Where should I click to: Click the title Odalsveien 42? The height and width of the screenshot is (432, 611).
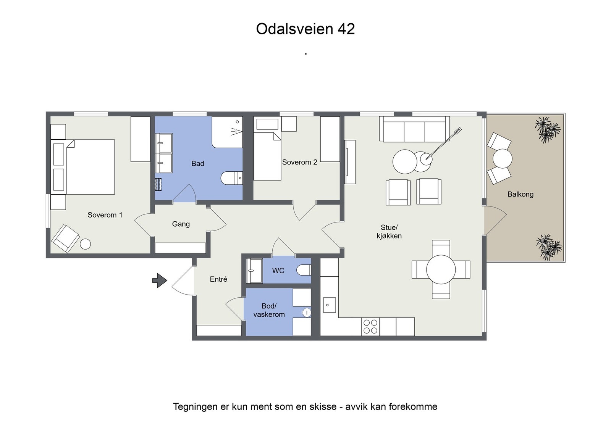305,29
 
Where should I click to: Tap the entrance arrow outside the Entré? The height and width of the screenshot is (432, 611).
160,280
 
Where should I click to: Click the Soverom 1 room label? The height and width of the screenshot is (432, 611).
105,215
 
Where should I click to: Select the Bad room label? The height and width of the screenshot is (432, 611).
197,163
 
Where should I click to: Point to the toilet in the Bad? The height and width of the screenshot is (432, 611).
231,178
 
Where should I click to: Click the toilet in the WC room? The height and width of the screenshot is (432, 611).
304,270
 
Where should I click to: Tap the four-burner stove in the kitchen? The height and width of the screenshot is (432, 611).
370,327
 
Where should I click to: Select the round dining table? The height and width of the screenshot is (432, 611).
441,269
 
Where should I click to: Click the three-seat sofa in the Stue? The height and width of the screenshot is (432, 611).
414,129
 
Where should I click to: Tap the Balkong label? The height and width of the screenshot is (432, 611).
520,194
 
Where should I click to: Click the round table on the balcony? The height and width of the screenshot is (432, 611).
502,158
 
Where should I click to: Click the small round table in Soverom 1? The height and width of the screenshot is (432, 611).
85,244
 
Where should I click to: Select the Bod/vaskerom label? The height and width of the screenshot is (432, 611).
269,310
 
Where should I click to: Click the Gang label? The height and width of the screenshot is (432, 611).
181,224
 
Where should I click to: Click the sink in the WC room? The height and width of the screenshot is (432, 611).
254,271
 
